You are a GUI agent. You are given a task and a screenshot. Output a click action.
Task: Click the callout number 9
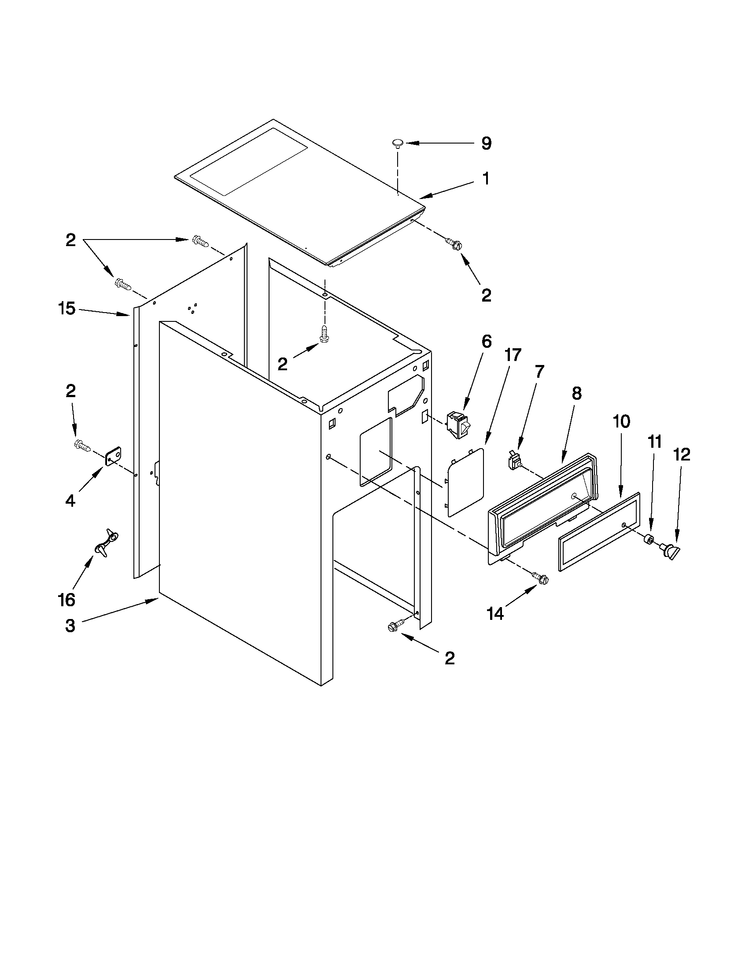[x=486, y=144]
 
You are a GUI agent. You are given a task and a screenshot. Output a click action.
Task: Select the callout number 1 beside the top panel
[x=486, y=179]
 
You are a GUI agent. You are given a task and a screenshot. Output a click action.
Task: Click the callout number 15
[x=67, y=308]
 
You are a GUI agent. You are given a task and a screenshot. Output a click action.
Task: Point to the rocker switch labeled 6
[x=458, y=425]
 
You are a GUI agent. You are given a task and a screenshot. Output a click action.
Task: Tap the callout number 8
[x=576, y=393]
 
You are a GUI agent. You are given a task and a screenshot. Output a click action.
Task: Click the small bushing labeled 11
[x=648, y=540]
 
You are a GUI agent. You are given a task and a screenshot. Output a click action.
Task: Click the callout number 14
[x=495, y=614]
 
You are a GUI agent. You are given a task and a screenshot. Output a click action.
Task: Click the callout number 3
[x=70, y=626]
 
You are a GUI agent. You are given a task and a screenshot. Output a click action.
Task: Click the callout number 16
[x=66, y=600]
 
